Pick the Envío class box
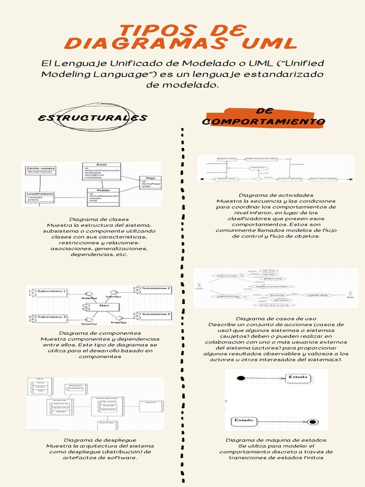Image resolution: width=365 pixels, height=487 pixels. [102, 171]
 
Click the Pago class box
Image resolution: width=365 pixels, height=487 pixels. [150, 182]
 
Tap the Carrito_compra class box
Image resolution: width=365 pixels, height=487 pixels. [41, 170]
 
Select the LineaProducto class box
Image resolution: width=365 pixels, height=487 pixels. [40, 197]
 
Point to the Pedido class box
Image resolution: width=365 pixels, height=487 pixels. [103, 196]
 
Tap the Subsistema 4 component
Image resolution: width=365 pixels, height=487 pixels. [154, 314]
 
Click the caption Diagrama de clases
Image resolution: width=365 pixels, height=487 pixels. [99, 219]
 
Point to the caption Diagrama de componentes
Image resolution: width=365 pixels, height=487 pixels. [100, 333]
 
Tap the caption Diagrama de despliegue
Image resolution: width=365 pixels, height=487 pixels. [100, 440]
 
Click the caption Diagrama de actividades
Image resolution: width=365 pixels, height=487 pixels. [276, 195]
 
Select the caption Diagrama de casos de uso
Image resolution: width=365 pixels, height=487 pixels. [276, 319]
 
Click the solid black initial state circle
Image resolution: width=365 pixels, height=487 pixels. [241, 378]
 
